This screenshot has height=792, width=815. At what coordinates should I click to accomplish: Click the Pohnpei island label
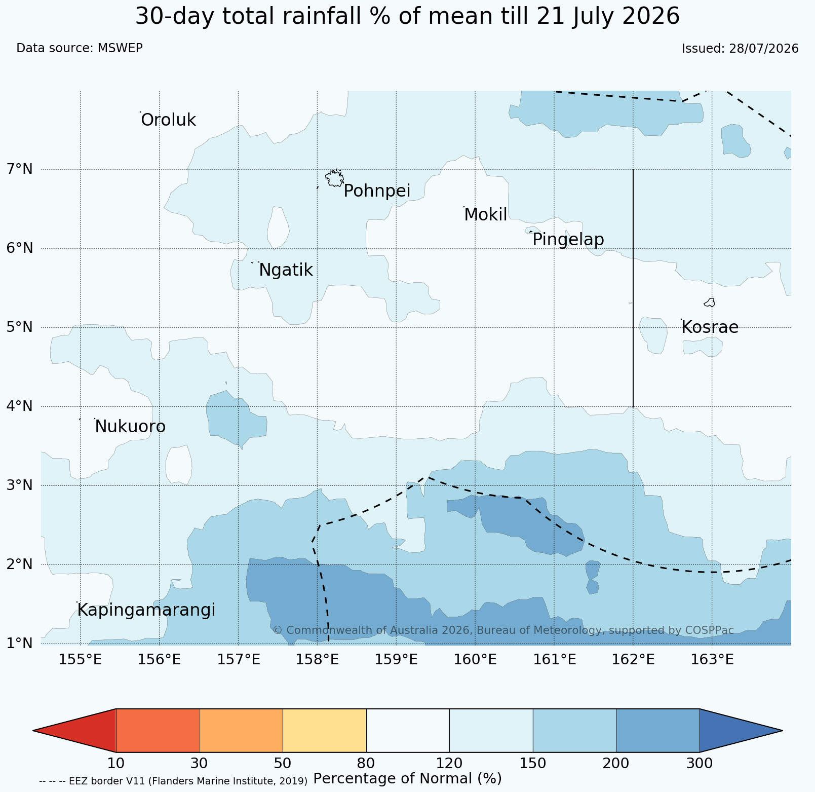pyautogui.click(x=377, y=192)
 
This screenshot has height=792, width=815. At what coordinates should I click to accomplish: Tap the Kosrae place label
pyautogui.click(x=710, y=327)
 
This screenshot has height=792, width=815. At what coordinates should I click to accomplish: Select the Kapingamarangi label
pyautogui.click(x=146, y=610)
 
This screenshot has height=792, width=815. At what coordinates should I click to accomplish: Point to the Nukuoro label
pyautogui.click(x=130, y=427)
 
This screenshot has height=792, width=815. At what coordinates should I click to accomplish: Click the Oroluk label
pyautogui.click(x=168, y=120)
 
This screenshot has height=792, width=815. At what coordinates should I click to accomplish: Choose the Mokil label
pyautogui.click(x=485, y=215)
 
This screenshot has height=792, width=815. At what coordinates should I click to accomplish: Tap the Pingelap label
pyautogui.click(x=568, y=239)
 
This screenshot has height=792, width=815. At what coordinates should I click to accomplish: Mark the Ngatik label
pyautogui.click(x=286, y=270)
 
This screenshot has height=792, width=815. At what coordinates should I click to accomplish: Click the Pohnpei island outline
pyautogui.click(x=334, y=178)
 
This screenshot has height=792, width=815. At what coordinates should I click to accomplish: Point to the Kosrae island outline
pyautogui.click(x=710, y=303)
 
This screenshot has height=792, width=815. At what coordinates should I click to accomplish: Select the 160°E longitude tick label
pyautogui.click(x=476, y=660)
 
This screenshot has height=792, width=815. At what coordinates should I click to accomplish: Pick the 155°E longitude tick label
pyautogui.click(x=81, y=660)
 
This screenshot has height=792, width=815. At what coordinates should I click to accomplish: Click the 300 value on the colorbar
pyautogui.click(x=700, y=763)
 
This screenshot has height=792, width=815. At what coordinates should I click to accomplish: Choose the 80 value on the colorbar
pyautogui.click(x=366, y=763)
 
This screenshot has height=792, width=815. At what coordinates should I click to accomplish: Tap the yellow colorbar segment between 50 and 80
pyautogui.click(x=325, y=730)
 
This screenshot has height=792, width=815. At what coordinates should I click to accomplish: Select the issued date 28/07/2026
pyautogui.click(x=764, y=49)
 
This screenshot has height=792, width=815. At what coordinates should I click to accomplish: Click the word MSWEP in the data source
pyautogui.click(x=120, y=48)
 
